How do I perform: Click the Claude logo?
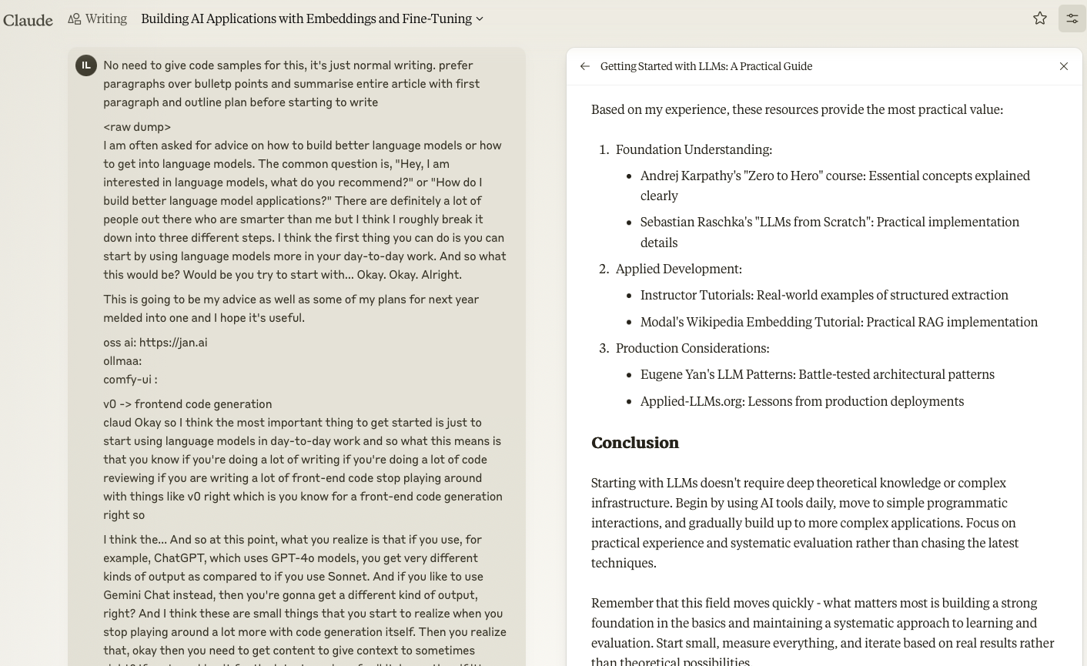point(28,19)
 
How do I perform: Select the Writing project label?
point(105,18)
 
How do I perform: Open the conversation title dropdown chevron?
point(480,19)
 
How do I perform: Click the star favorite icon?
point(1040,18)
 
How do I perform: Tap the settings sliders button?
point(1072,18)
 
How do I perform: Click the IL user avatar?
point(86,65)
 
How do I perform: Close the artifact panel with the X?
point(1064,66)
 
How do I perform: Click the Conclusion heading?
point(635,443)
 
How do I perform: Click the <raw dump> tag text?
point(137,127)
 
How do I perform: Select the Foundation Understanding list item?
point(693,149)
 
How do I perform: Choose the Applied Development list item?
point(678,269)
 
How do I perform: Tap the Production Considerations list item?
point(692,348)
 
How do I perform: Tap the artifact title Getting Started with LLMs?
point(706,66)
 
